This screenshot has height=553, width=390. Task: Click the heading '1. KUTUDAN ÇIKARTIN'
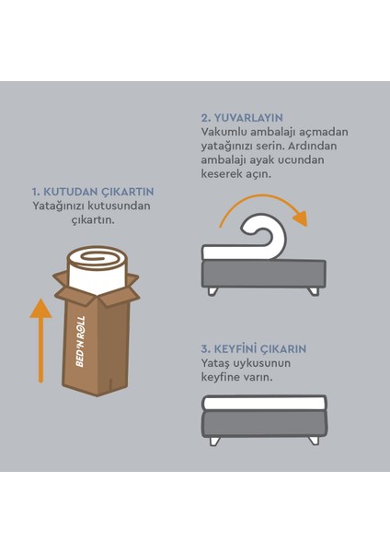93,192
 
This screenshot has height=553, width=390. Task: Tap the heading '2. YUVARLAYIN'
242,118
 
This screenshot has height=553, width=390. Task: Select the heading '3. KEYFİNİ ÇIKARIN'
254,349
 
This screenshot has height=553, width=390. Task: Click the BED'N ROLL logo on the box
80,341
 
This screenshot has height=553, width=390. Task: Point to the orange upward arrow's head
40,308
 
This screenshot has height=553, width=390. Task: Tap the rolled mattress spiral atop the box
97,257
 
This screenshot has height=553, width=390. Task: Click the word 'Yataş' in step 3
215,364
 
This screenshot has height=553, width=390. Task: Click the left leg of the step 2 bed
213,291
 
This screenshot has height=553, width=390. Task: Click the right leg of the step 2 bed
313,291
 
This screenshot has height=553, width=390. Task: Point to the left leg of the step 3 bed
214,441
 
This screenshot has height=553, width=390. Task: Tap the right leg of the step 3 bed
314,441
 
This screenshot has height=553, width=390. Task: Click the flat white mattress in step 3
265,403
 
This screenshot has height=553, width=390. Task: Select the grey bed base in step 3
265,424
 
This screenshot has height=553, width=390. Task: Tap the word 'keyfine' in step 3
222,378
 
